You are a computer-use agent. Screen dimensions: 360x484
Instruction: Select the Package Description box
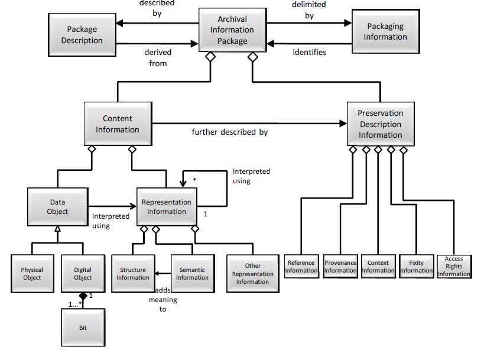pyautogui.click(x=82, y=34)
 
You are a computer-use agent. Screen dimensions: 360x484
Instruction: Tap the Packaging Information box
pyautogui.click(x=385, y=31)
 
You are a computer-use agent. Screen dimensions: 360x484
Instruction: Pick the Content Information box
pyautogui.click(x=118, y=124)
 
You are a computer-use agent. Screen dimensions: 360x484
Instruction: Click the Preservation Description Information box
pyautogui.click(x=380, y=124)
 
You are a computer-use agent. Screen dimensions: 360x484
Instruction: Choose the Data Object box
pyautogui.click(x=58, y=206)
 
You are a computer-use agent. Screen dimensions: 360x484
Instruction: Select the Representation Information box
pyautogui.click(x=167, y=206)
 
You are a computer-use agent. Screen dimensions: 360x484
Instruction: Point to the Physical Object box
pyautogui.click(x=32, y=273)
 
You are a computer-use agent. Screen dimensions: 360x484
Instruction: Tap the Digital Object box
pyautogui.click(x=82, y=273)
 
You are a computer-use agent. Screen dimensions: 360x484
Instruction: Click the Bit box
pyautogui.click(x=82, y=326)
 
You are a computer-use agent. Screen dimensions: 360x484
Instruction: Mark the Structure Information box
pyautogui.click(x=132, y=273)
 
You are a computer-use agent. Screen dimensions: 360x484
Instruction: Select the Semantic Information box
pyautogui.click(x=192, y=273)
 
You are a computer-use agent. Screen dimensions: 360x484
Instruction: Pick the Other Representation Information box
pyautogui.click(x=252, y=273)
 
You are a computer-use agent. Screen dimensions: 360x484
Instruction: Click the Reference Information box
pyautogui.click(x=301, y=267)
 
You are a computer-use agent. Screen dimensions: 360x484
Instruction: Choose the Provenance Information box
pyautogui.click(x=340, y=267)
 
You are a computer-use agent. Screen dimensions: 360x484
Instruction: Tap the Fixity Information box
pyautogui.click(x=416, y=267)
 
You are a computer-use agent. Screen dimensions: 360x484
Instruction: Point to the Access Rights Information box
pyautogui.click(x=454, y=267)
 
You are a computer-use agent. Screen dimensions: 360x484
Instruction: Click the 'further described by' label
pyautogui.click(x=229, y=132)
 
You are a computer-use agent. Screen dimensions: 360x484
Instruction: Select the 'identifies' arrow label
pyautogui.click(x=309, y=52)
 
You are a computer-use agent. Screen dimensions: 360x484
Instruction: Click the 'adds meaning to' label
pyautogui.click(x=163, y=300)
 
